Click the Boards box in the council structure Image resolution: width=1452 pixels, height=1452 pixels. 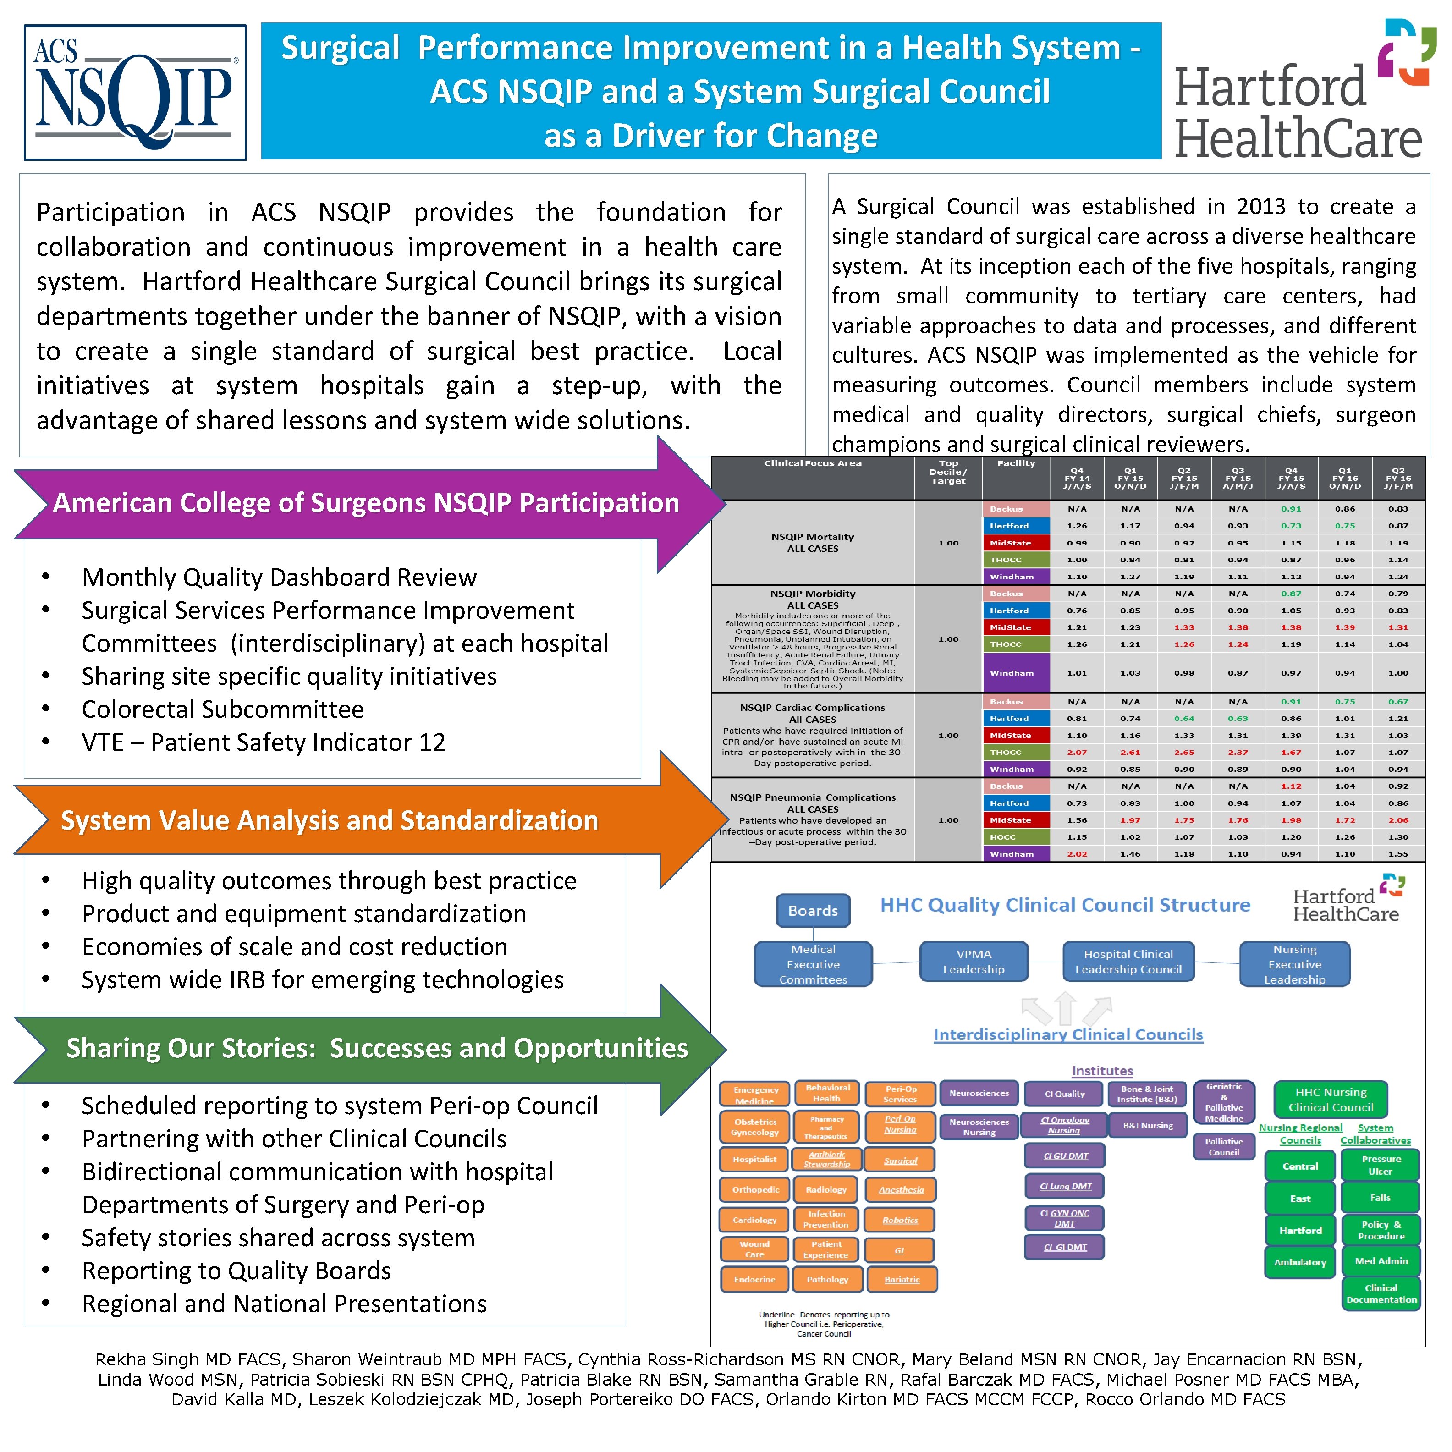(x=813, y=910)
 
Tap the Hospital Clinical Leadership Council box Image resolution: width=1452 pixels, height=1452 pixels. (x=1127, y=962)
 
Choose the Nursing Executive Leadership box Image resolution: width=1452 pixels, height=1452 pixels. (x=1294, y=964)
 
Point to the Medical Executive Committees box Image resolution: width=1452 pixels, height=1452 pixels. (x=813, y=964)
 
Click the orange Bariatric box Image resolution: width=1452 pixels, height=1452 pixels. (x=902, y=1279)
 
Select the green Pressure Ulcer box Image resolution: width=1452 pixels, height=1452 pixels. (x=1380, y=1165)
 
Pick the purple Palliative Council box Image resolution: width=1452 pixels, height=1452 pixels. (x=1224, y=1147)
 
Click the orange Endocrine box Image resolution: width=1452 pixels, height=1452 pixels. (x=754, y=1279)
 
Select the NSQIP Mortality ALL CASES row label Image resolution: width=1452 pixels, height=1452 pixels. (x=813, y=543)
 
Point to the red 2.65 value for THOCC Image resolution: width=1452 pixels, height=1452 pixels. (x=1184, y=752)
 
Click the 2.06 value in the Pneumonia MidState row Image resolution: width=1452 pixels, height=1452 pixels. (x=1398, y=820)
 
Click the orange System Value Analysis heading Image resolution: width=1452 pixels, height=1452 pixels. (x=329, y=820)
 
